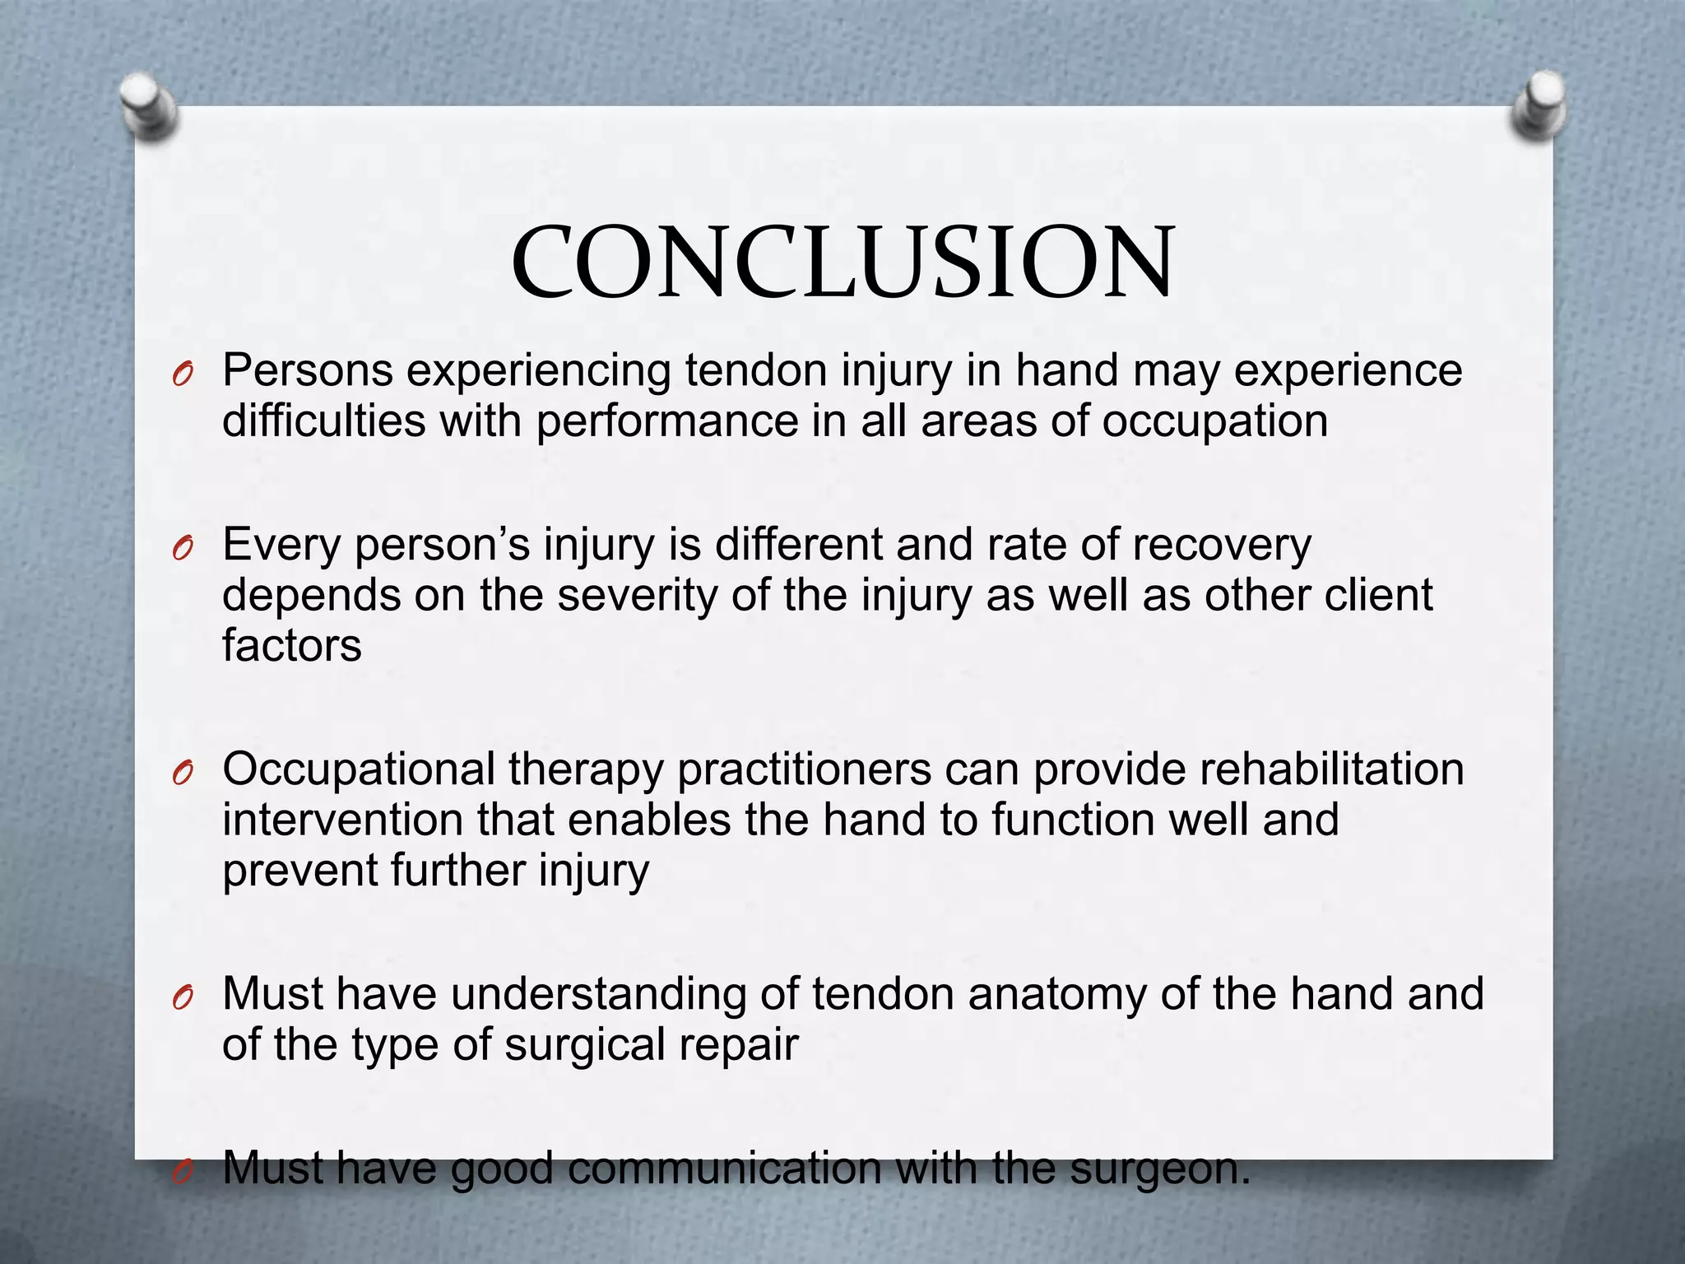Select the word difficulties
tap(323, 421)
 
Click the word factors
tap(291, 646)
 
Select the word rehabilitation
tap(1331, 769)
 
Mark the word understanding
tap(598, 995)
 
